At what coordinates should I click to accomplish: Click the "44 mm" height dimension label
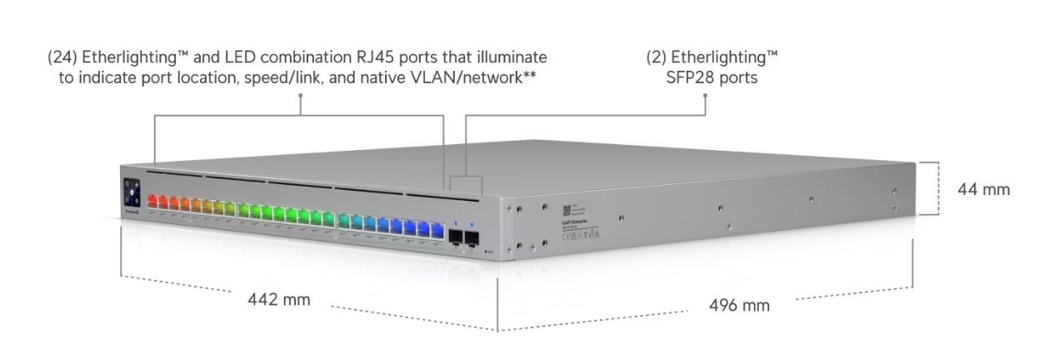click(984, 189)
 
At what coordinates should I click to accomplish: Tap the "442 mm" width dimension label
click(279, 299)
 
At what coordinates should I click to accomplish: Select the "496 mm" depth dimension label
click(739, 305)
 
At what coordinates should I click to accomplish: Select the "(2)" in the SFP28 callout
click(658, 57)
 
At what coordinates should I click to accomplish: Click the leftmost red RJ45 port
click(153, 202)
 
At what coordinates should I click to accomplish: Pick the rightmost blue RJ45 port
click(436, 226)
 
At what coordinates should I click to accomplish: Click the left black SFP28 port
click(456, 237)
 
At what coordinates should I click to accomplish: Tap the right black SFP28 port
click(472, 238)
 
